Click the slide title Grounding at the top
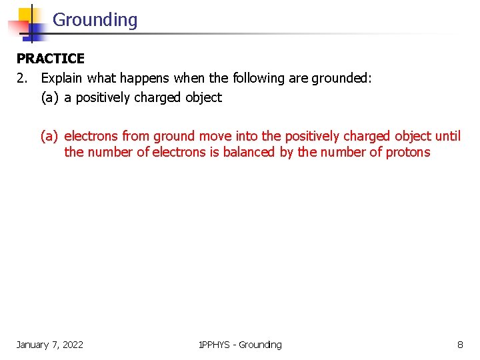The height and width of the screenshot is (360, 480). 95,20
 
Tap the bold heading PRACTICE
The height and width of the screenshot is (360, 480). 51,59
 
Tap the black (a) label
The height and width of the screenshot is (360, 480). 50,97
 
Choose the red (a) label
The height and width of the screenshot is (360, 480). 50,137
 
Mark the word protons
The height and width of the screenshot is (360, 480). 408,152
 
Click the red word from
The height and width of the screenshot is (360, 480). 135,137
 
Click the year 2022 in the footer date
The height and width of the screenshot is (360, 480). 71,345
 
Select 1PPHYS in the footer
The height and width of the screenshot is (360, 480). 215,345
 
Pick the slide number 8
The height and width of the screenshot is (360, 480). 460,345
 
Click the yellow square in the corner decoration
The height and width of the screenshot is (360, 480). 27,15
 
